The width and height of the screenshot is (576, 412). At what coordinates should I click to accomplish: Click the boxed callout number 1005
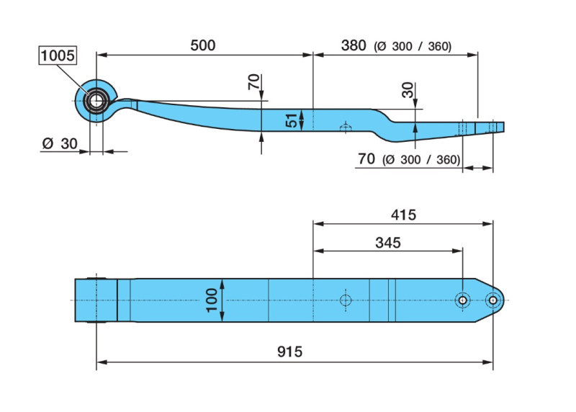tap(58, 55)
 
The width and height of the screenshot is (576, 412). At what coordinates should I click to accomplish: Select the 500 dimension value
tap(203, 45)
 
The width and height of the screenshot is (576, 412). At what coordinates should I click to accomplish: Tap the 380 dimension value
tap(354, 45)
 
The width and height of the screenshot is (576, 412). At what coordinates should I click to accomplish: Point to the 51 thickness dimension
tap(292, 120)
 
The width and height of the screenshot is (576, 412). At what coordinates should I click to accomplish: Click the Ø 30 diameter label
tap(60, 143)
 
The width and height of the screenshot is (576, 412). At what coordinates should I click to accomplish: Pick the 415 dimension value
tap(403, 215)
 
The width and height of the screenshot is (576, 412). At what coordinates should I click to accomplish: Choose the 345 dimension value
tap(388, 243)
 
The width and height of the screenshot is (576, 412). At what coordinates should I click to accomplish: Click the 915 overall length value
tap(290, 351)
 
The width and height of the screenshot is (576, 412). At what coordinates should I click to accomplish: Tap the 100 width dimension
tap(212, 300)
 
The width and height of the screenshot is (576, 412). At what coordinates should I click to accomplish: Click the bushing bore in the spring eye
tap(96, 100)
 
